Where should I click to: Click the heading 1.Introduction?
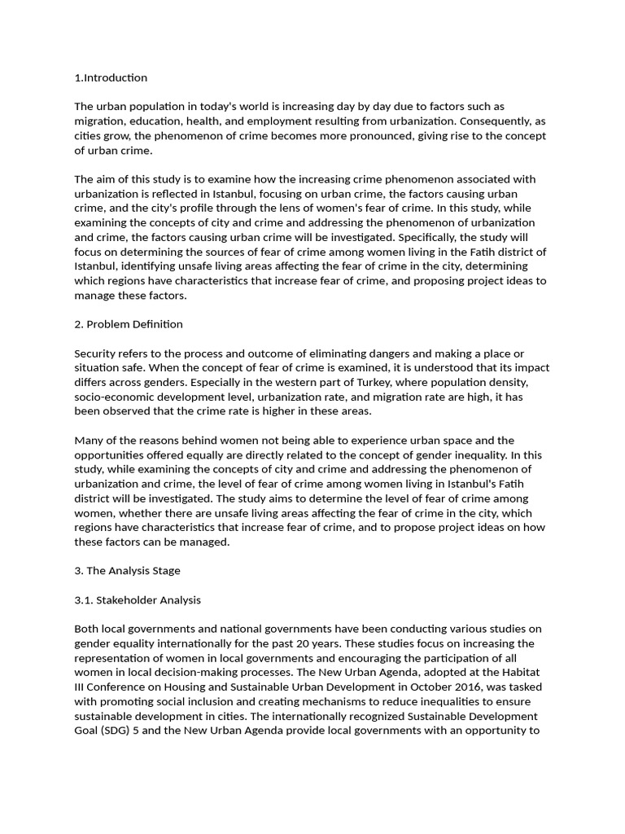tap(111, 78)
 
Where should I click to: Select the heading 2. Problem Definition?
tap(129, 324)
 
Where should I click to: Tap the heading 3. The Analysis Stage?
tap(127, 571)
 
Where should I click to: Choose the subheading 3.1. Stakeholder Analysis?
tap(138, 600)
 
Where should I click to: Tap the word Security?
tap(97, 353)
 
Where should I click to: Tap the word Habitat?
tap(521, 672)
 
